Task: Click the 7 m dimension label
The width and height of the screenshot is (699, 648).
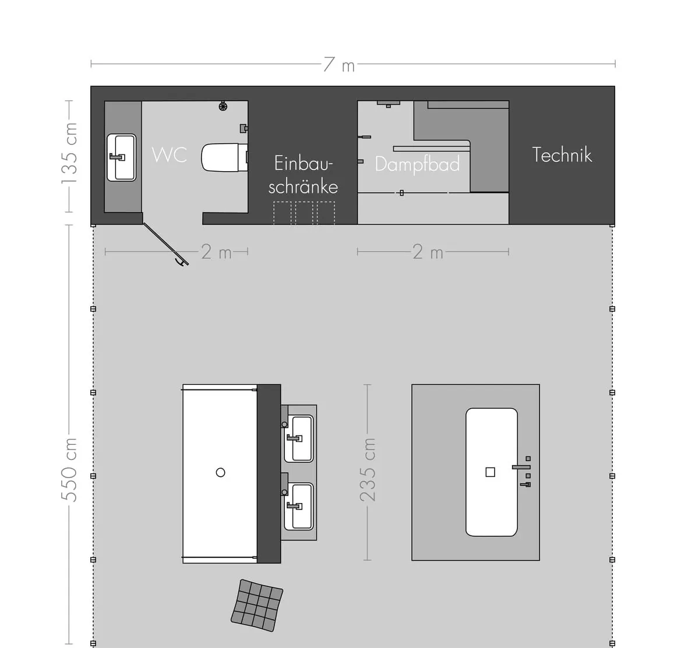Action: pyautogui.click(x=339, y=65)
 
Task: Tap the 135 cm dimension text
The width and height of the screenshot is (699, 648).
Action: pyautogui.click(x=69, y=153)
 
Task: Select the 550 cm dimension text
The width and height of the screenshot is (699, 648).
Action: pyautogui.click(x=69, y=470)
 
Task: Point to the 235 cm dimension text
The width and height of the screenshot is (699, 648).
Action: pyautogui.click(x=368, y=470)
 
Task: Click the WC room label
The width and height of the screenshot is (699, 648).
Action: pyautogui.click(x=170, y=154)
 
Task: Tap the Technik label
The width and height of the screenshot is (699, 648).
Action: pyautogui.click(x=562, y=155)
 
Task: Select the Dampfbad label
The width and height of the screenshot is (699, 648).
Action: pyautogui.click(x=418, y=164)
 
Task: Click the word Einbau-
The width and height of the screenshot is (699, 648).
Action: pyautogui.click(x=303, y=163)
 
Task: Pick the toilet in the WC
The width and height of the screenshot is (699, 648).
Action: pyautogui.click(x=224, y=157)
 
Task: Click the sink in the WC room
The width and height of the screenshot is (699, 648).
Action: pyautogui.click(x=121, y=157)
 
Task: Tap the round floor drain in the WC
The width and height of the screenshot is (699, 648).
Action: pyautogui.click(x=223, y=106)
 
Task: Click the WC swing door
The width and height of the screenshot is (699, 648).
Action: pyautogui.click(x=166, y=244)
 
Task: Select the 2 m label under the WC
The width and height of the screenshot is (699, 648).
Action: pyautogui.click(x=217, y=252)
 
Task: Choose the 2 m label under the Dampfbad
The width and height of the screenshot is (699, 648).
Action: pyautogui.click(x=428, y=252)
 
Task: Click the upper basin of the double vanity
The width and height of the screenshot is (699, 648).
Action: pyautogui.click(x=298, y=438)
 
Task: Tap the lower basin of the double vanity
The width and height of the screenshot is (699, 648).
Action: pyautogui.click(x=298, y=506)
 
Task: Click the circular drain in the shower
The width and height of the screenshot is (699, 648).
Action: pyautogui.click(x=220, y=472)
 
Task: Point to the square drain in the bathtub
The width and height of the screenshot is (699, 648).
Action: pyautogui.click(x=490, y=472)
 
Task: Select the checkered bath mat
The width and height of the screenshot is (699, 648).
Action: pyautogui.click(x=257, y=605)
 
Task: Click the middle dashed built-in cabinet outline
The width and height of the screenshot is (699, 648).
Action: pyautogui.click(x=304, y=213)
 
